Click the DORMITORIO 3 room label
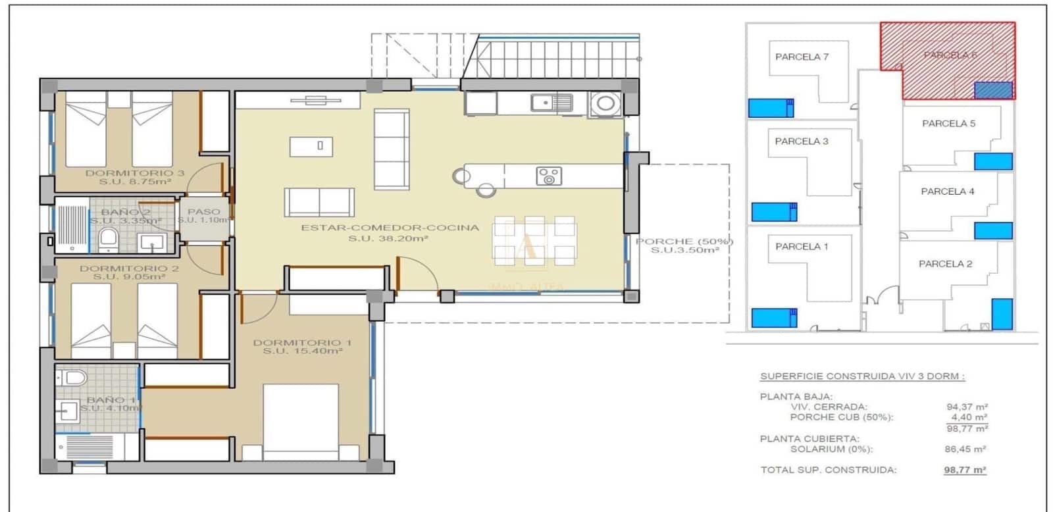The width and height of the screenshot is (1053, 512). pos(134,177)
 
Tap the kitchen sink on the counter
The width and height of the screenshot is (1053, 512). pos(552,102)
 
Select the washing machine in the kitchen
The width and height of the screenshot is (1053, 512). pos(605,104)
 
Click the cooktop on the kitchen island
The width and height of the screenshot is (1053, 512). pos(548,176)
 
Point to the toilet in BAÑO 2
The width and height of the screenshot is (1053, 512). pos(108,240)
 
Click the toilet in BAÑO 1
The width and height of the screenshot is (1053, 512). pos(74,378)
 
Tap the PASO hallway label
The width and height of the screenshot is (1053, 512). pos(204,215)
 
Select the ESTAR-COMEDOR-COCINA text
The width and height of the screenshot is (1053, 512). pos(390,228)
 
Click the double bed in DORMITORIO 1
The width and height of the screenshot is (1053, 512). pos(301,421)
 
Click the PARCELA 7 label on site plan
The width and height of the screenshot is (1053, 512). pos(802,57)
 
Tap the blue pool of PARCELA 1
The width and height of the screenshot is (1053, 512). pos(774,317)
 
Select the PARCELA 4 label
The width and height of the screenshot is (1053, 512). pos(947,192)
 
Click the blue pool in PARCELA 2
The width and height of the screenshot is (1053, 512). pos(1002,313)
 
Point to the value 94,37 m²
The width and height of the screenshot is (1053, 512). pos(967,407)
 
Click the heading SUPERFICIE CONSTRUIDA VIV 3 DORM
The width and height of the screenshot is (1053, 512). pos(862,376)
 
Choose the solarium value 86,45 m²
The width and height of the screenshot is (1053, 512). pos(965,449)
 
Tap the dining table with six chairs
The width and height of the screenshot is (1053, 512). pos(534,242)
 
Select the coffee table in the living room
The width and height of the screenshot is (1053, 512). pos(311,146)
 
